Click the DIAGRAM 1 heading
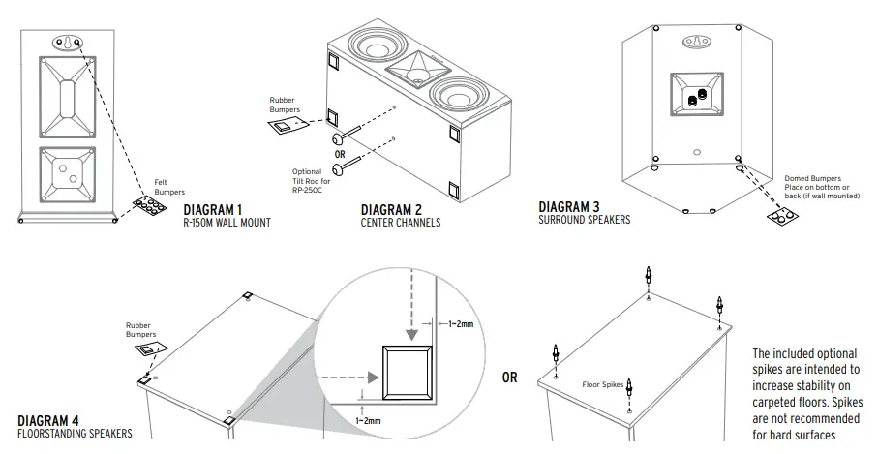(212, 210)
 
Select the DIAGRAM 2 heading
(391, 210)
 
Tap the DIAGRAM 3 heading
(568, 206)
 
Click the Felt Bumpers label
(168, 186)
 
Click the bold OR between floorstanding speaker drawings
(509, 378)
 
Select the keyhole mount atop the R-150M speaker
(65, 43)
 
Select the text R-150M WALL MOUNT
(227, 223)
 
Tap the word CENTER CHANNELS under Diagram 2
(400, 223)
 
